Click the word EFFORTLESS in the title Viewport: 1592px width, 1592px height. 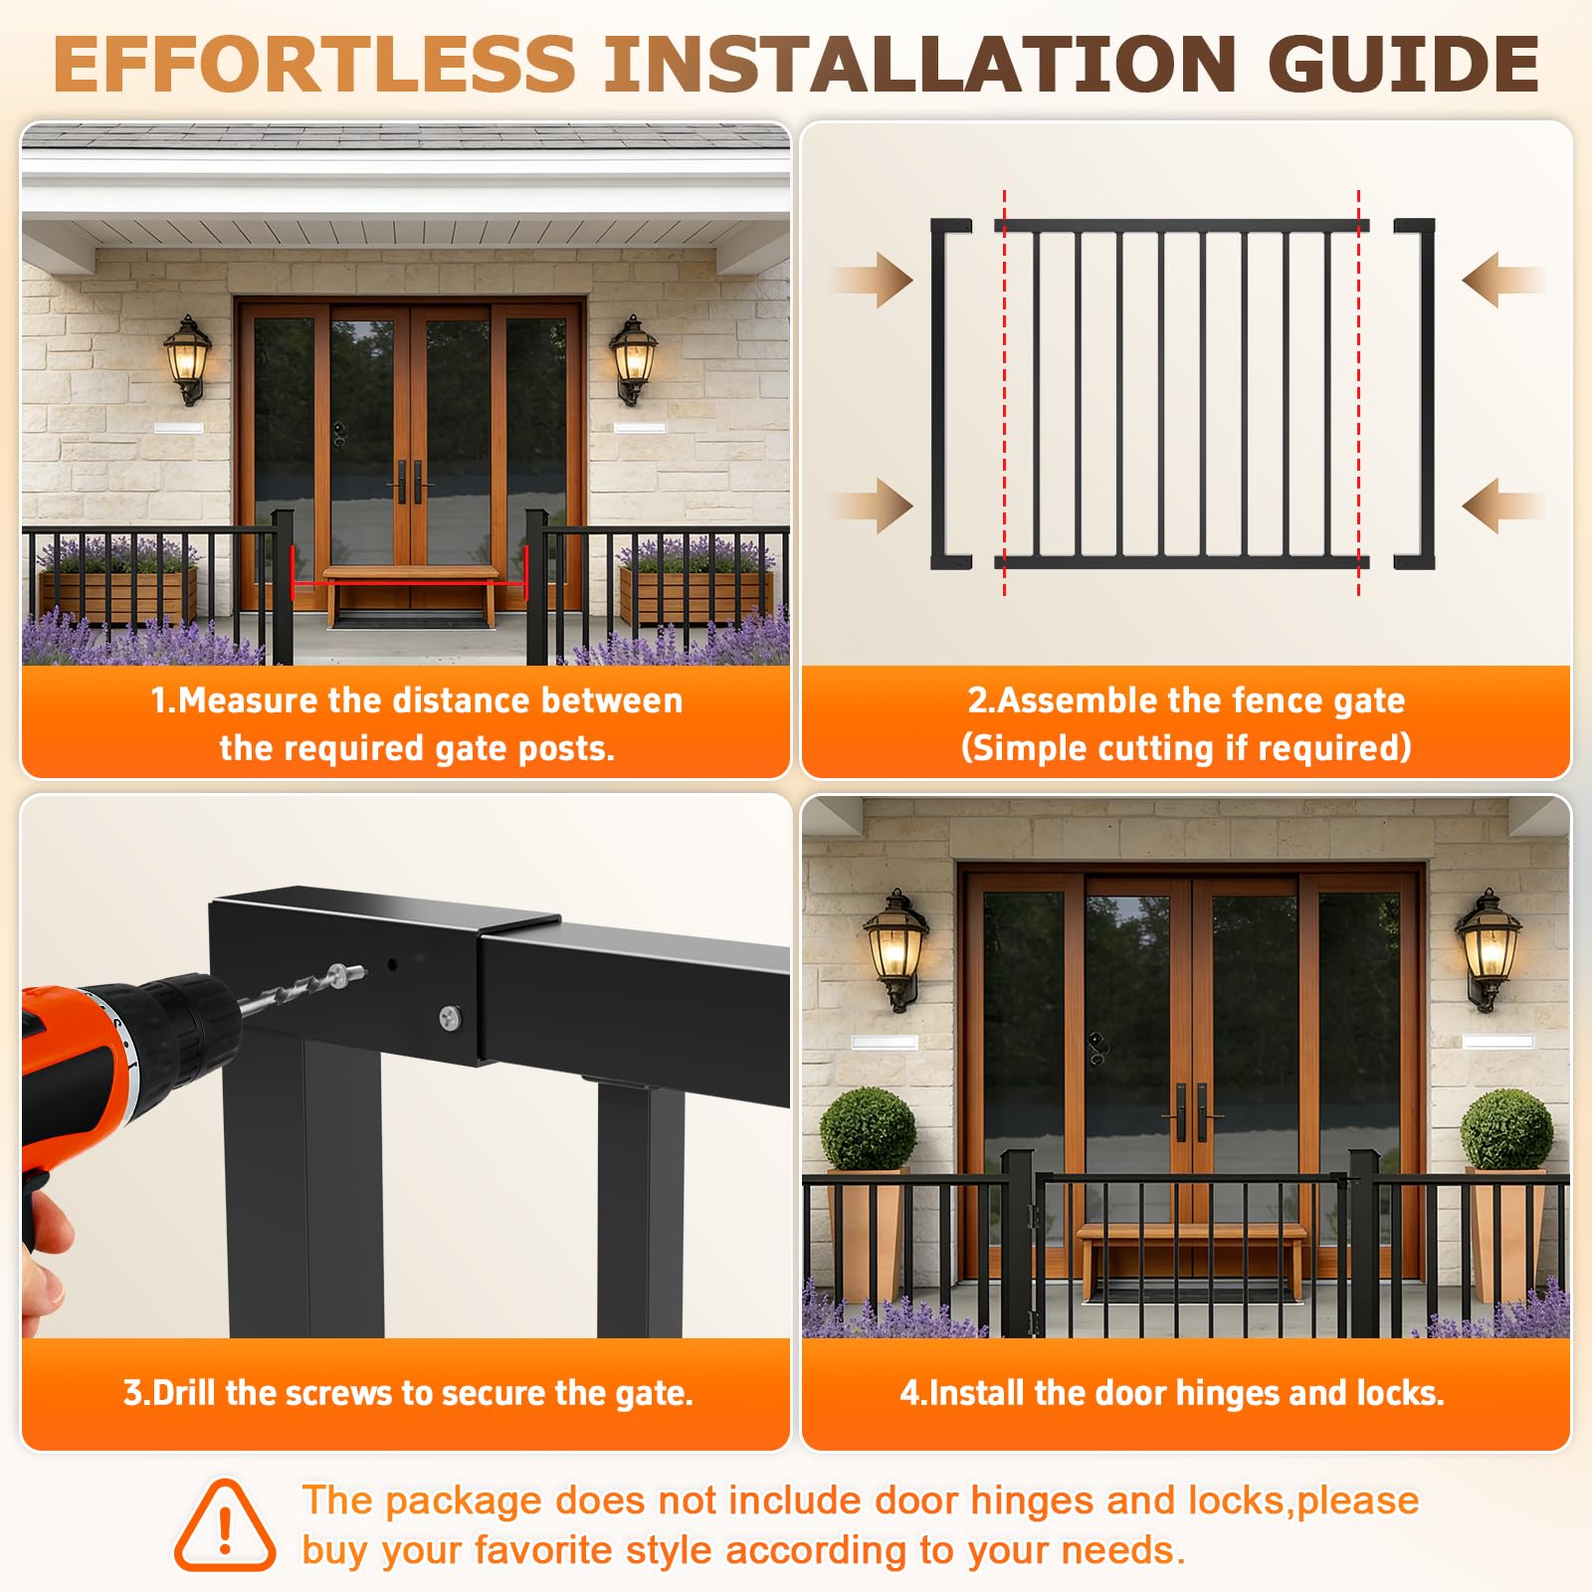point(314,64)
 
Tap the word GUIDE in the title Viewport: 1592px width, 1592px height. point(1404,64)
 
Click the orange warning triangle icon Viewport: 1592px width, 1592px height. point(225,1525)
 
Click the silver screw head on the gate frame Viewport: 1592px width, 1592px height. point(450,1017)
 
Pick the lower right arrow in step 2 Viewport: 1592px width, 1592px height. point(1503,505)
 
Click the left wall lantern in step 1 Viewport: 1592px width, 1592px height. point(187,359)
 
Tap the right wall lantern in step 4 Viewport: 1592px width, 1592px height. point(1488,949)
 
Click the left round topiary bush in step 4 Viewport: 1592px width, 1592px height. point(868,1129)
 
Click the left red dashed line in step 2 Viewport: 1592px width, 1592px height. point(1005,393)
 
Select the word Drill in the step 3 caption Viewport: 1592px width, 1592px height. point(185,1393)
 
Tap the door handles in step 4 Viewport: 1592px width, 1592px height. point(1192,1111)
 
